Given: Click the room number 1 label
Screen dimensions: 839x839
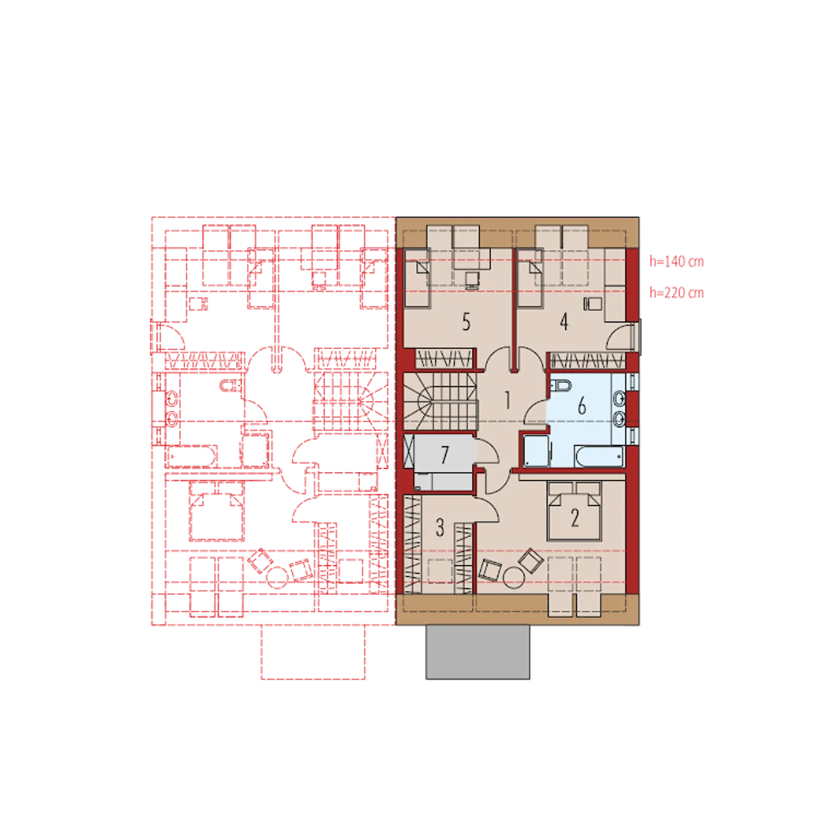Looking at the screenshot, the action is pyautogui.click(x=507, y=400).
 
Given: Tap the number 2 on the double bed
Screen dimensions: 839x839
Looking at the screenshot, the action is pyautogui.click(x=575, y=518).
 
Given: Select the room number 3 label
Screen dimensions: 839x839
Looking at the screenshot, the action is pyautogui.click(x=440, y=527).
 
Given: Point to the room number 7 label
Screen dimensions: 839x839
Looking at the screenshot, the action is pyautogui.click(x=444, y=455).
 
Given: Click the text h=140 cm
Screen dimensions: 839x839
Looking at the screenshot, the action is pyautogui.click(x=676, y=262).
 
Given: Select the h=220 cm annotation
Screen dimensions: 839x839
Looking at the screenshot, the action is pyautogui.click(x=676, y=292).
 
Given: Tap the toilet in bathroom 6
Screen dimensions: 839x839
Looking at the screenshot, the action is pyautogui.click(x=561, y=385).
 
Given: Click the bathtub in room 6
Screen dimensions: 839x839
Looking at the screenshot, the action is pyautogui.click(x=599, y=457).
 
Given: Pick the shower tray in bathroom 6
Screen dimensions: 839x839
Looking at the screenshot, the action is pyautogui.click(x=536, y=450).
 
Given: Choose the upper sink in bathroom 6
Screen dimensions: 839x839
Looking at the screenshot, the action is pyautogui.click(x=619, y=398).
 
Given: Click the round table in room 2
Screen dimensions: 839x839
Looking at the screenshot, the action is pyautogui.click(x=513, y=577).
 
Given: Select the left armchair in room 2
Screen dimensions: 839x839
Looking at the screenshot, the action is pyautogui.click(x=490, y=570).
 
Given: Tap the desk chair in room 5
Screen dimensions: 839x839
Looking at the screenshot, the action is pyautogui.click(x=471, y=280).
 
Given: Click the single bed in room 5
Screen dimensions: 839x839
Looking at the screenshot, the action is pyautogui.click(x=417, y=278).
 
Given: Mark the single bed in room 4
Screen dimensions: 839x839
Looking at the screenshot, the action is pyautogui.click(x=530, y=278).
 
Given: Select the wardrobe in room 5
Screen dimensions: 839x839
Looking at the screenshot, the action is pyautogui.click(x=444, y=359).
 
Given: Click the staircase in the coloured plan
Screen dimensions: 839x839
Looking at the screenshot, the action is pyautogui.click(x=440, y=402).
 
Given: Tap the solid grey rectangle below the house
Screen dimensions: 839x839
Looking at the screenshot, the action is pyautogui.click(x=478, y=652).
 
